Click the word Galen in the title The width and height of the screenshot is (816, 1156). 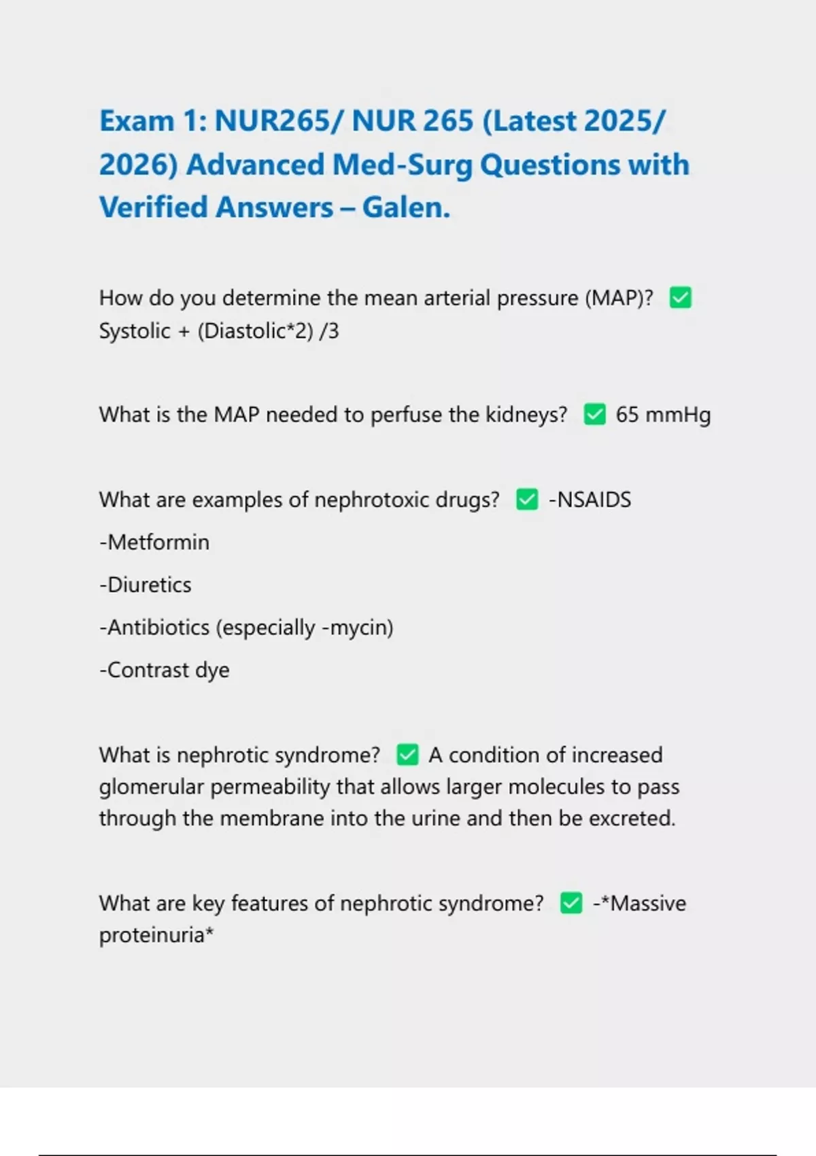point(406,207)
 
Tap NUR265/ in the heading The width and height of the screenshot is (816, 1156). point(279,121)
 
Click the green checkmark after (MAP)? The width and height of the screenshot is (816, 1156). point(681,298)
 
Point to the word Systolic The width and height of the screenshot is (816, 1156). point(135,331)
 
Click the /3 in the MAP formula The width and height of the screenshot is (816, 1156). point(329,331)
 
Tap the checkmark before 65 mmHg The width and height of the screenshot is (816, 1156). point(594,415)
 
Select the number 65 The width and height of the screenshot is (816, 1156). point(626,415)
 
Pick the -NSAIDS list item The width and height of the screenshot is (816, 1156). point(590,500)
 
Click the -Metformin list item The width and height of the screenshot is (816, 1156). point(154,543)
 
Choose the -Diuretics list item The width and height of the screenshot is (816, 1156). point(146,585)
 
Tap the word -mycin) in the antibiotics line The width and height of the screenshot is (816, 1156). point(357,628)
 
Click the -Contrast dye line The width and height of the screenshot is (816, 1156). point(165,670)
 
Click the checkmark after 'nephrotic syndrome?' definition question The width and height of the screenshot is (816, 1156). point(407,755)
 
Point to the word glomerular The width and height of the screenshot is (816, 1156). point(151,787)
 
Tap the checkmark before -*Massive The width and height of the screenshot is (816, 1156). point(571,904)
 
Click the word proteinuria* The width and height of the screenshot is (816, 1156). point(156,936)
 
